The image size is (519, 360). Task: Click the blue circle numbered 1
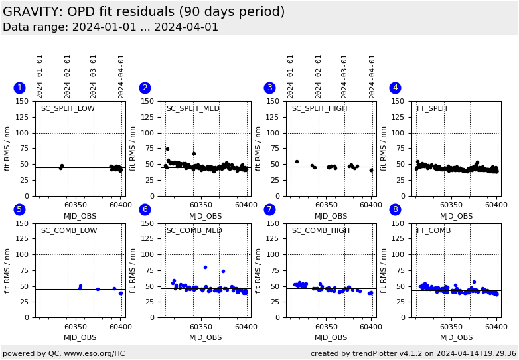(19, 88)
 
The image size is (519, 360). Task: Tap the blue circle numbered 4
(395, 88)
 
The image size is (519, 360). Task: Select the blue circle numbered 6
(145, 209)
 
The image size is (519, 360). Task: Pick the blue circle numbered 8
(395, 209)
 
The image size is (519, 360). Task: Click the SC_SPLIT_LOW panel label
(68, 109)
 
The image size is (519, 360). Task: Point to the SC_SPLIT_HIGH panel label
(319, 109)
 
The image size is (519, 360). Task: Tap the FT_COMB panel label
(433, 231)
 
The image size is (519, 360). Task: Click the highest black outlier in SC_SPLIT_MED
(167, 149)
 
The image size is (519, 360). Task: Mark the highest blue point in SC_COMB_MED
(205, 267)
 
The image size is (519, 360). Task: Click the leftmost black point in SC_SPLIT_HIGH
(297, 161)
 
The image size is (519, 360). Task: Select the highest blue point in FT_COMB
(474, 282)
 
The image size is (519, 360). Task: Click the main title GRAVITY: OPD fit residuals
(143, 12)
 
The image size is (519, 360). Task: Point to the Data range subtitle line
(110, 27)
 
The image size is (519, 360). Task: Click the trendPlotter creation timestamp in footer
(413, 353)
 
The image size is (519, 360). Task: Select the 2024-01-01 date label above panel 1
(40, 76)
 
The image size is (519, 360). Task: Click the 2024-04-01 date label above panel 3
(372, 76)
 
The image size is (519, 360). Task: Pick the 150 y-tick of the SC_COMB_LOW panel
(25, 223)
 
